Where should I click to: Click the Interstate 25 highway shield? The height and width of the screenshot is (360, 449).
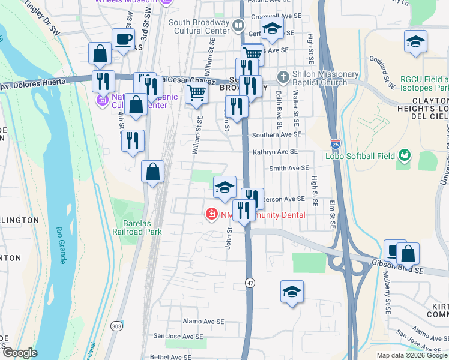[334, 144]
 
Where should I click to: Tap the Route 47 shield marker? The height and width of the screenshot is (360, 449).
[249, 282]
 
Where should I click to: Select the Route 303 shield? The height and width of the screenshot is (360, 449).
[116, 325]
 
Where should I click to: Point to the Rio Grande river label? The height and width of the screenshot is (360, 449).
[61, 246]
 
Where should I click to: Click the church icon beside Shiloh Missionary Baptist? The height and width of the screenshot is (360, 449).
[283, 77]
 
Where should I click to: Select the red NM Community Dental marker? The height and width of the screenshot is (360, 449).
[211, 214]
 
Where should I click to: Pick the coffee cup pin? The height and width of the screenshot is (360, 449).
[124, 40]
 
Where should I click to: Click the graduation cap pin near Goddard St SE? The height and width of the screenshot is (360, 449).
[414, 42]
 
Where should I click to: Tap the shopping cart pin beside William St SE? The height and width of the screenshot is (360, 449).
[196, 92]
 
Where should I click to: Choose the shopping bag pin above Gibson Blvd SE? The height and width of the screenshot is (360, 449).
[408, 253]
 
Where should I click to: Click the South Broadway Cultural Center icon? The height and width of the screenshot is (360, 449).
[238, 26]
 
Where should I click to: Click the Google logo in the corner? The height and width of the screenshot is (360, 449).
[20, 353]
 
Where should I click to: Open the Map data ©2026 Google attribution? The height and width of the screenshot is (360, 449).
[412, 355]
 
